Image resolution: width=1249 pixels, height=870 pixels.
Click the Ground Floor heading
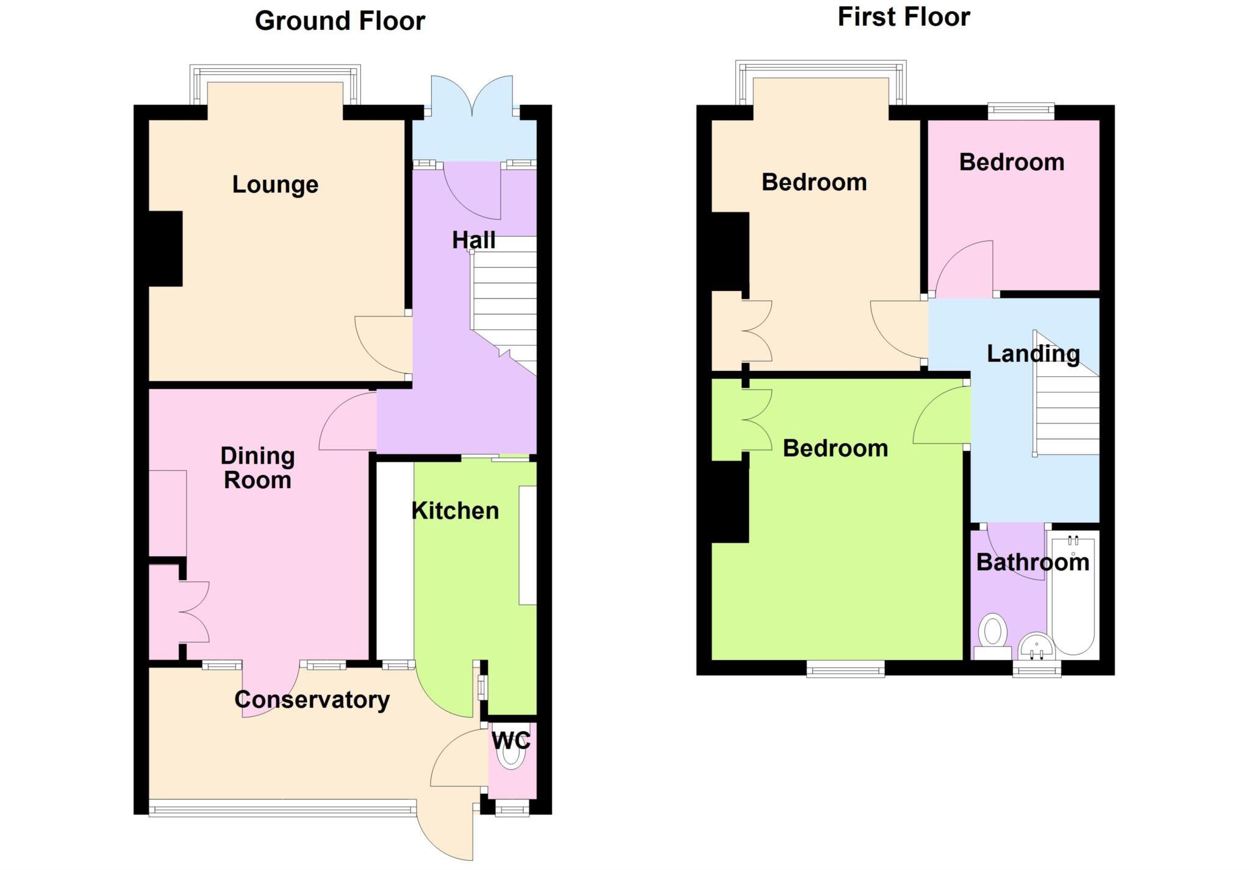(x=340, y=21)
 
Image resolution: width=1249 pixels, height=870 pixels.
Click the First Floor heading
(x=904, y=17)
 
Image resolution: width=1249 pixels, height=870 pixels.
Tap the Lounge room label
(x=275, y=184)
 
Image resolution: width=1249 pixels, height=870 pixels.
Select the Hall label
(x=473, y=240)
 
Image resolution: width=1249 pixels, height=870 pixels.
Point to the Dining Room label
(x=257, y=468)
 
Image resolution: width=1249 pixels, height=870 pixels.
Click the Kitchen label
(x=455, y=511)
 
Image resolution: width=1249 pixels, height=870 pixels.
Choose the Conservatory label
(x=312, y=699)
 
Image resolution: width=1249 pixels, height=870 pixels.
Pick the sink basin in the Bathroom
(x=1036, y=646)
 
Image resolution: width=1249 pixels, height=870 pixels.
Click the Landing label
(x=1033, y=354)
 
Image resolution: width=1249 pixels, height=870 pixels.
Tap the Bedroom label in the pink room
(x=1012, y=162)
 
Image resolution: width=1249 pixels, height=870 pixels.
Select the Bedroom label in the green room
(x=835, y=448)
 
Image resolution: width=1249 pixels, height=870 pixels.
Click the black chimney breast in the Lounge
(x=165, y=248)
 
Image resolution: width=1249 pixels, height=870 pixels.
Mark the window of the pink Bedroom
(x=1021, y=110)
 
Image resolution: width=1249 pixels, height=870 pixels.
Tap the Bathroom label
(x=1032, y=562)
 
